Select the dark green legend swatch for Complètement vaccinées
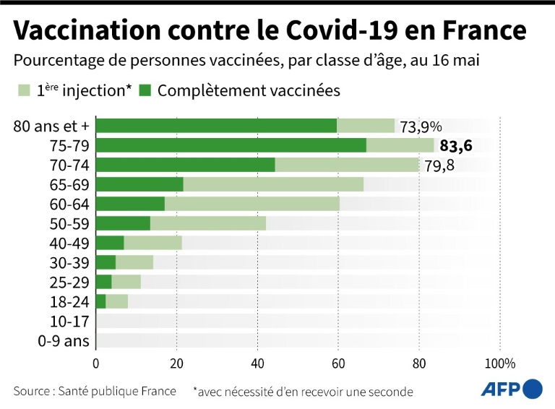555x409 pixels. tap(145, 91)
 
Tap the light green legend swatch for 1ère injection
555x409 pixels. tap(24, 91)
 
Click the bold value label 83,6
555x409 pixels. tap(456, 146)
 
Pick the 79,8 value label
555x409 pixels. tap(439, 166)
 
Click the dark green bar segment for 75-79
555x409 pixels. tap(231, 145)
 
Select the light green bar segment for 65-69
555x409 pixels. tap(273, 184)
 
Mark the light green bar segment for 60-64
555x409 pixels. tap(251, 204)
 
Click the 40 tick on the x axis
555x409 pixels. tap(257, 363)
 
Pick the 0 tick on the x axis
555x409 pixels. tap(96, 363)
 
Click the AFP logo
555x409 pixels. tap(512, 389)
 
